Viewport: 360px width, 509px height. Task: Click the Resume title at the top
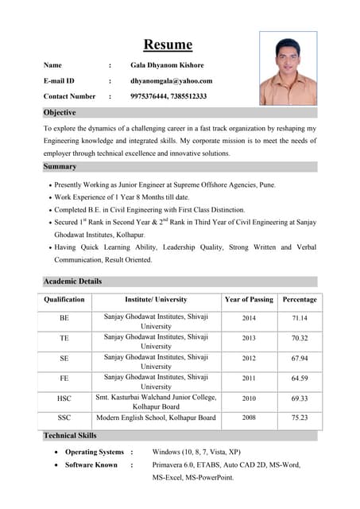coord(168,45)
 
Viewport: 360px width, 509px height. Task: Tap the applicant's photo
coord(288,68)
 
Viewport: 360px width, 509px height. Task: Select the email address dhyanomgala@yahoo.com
coord(171,80)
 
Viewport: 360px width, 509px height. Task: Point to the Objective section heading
coord(60,113)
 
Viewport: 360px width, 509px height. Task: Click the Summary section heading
coord(60,166)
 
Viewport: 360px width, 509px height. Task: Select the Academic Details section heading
coord(72,281)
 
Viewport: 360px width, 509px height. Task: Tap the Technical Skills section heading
coord(70,435)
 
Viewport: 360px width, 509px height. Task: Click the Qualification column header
coord(64,300)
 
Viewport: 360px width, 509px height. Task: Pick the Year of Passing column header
coord(249,300)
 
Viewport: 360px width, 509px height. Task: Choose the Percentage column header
coord(299,300)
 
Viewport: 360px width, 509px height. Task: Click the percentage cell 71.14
coord(299,318)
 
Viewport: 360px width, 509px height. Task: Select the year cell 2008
coord(249,417)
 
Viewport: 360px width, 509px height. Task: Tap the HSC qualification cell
coord(64,398)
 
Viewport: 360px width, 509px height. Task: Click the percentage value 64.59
coord(299,378)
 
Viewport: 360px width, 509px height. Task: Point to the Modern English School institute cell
coord(156,418)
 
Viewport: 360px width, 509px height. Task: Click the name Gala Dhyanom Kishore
coord(167,65)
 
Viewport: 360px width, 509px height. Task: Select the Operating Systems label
coord(94,452)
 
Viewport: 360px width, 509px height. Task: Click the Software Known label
coord(91,464)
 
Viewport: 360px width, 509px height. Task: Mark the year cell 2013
coord(249,338)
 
